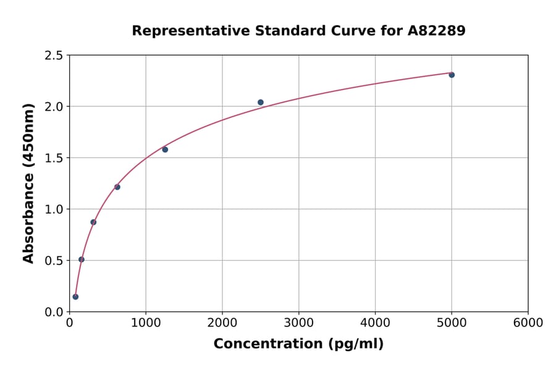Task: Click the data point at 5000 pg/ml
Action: pos(452,75)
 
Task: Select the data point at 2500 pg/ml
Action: pos(261,103)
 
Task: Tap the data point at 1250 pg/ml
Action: pos(165,150)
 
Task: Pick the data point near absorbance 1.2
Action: pos(117,187)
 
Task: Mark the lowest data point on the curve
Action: pos(75,297)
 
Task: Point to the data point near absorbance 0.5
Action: pos(82,259)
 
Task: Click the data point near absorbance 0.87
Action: pos(93,222)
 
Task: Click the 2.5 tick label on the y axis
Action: pos(54,56)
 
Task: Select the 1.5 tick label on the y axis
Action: pos(54,158)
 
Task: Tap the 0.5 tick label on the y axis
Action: pos(54,261)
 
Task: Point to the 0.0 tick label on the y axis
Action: pos(54,312)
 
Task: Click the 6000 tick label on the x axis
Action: pos(528,323)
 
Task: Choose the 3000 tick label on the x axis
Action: pos(298,323)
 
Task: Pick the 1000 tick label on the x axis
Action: pos(146,323)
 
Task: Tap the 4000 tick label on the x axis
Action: pos(375,323)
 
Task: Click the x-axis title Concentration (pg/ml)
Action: pos(298,344)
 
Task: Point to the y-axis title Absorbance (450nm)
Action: pos(28,183)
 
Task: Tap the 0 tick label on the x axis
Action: pos(69,323)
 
